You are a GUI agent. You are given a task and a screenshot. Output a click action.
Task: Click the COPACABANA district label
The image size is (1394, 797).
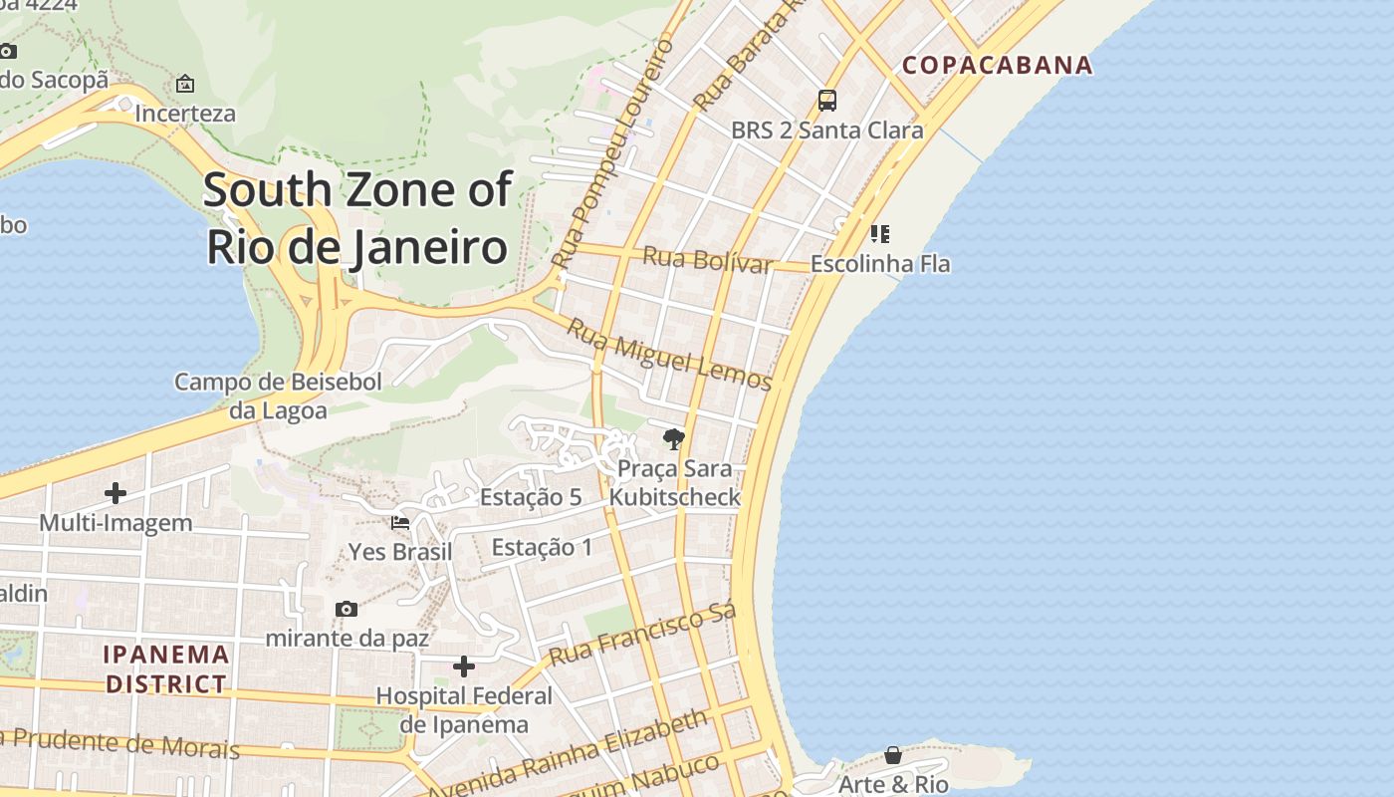pos(997,66)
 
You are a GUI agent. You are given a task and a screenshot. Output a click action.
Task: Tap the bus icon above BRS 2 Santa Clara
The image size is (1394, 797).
pos(826,100)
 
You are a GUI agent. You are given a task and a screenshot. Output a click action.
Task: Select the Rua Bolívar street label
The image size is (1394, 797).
pos(707,259)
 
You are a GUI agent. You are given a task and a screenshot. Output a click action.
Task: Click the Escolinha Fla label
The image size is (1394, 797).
pos(880,264)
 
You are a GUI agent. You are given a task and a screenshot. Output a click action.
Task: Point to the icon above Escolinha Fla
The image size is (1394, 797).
pos(879,234)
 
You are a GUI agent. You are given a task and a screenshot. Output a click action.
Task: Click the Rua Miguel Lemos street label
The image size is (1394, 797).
pos(669,355)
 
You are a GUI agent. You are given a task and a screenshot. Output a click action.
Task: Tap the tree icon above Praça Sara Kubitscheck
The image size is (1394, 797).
pos(674,438)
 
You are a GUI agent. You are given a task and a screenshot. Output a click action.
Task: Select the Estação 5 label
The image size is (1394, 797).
pos(531,497)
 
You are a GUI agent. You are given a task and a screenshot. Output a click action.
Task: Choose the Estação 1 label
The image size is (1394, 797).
pos(542,547)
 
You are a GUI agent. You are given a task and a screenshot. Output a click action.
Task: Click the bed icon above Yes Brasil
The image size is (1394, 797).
pos(400,521)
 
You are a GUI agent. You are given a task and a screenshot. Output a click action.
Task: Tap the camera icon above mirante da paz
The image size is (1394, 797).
pos(347,609)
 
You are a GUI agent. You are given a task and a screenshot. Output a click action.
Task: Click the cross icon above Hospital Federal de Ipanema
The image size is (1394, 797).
pos(463,666)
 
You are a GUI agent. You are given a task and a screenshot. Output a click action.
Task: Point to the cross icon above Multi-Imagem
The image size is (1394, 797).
pos(116,492)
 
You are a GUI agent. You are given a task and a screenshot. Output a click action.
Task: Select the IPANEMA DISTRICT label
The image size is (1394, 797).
pos(167,669)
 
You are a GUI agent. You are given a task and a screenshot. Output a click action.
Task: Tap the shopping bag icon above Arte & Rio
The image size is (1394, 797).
pos(893,755)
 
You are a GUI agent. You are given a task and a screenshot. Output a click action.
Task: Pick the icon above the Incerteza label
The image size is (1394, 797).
pos(185,84)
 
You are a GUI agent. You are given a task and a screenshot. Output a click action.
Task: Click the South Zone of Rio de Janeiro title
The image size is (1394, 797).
pos(357,218)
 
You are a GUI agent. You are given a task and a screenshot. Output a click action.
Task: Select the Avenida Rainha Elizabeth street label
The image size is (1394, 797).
pos(569,753)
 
